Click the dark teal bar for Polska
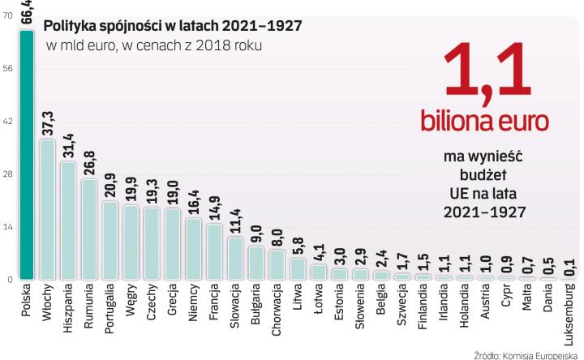[27, 154]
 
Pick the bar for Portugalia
[110, 240]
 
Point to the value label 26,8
[89, 163]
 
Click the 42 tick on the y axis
[8, 122]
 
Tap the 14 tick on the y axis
[8, 227]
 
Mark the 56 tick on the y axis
[8, 69]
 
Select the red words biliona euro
[483, 122]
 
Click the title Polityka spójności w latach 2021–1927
[172, 25]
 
